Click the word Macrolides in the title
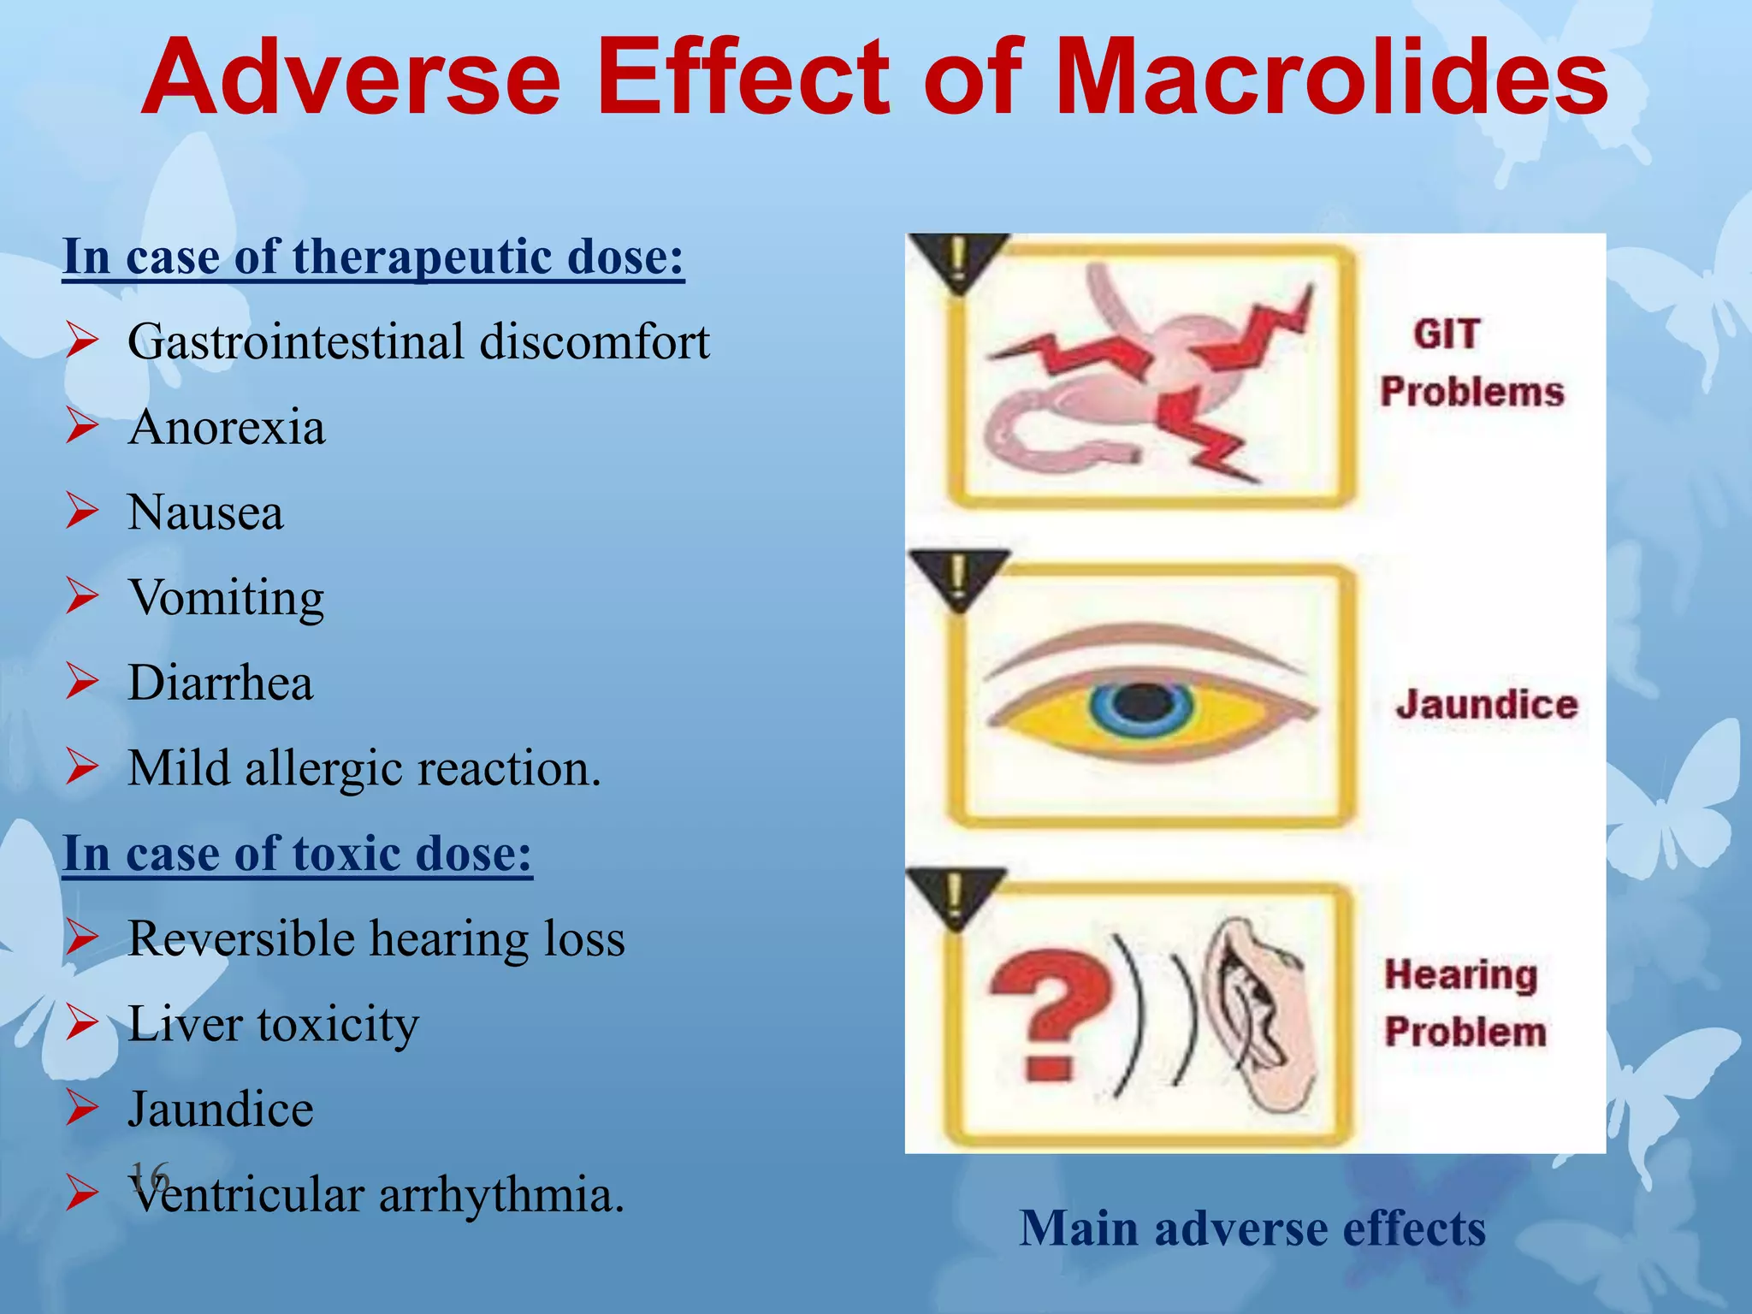point(1330,79)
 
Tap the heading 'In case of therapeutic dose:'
point(374,256)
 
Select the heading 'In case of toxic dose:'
point(298,853)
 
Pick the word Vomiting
point(227,598)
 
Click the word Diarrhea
point(221,683)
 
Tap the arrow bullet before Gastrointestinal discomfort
point(83,341)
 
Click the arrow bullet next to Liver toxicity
point(83,1023)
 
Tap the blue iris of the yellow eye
point(1141,705)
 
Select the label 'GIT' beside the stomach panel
point(1446,334)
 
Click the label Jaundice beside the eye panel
point(1487,704)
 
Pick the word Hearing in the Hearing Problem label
point(1461,974)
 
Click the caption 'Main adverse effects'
point(1252,1228)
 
